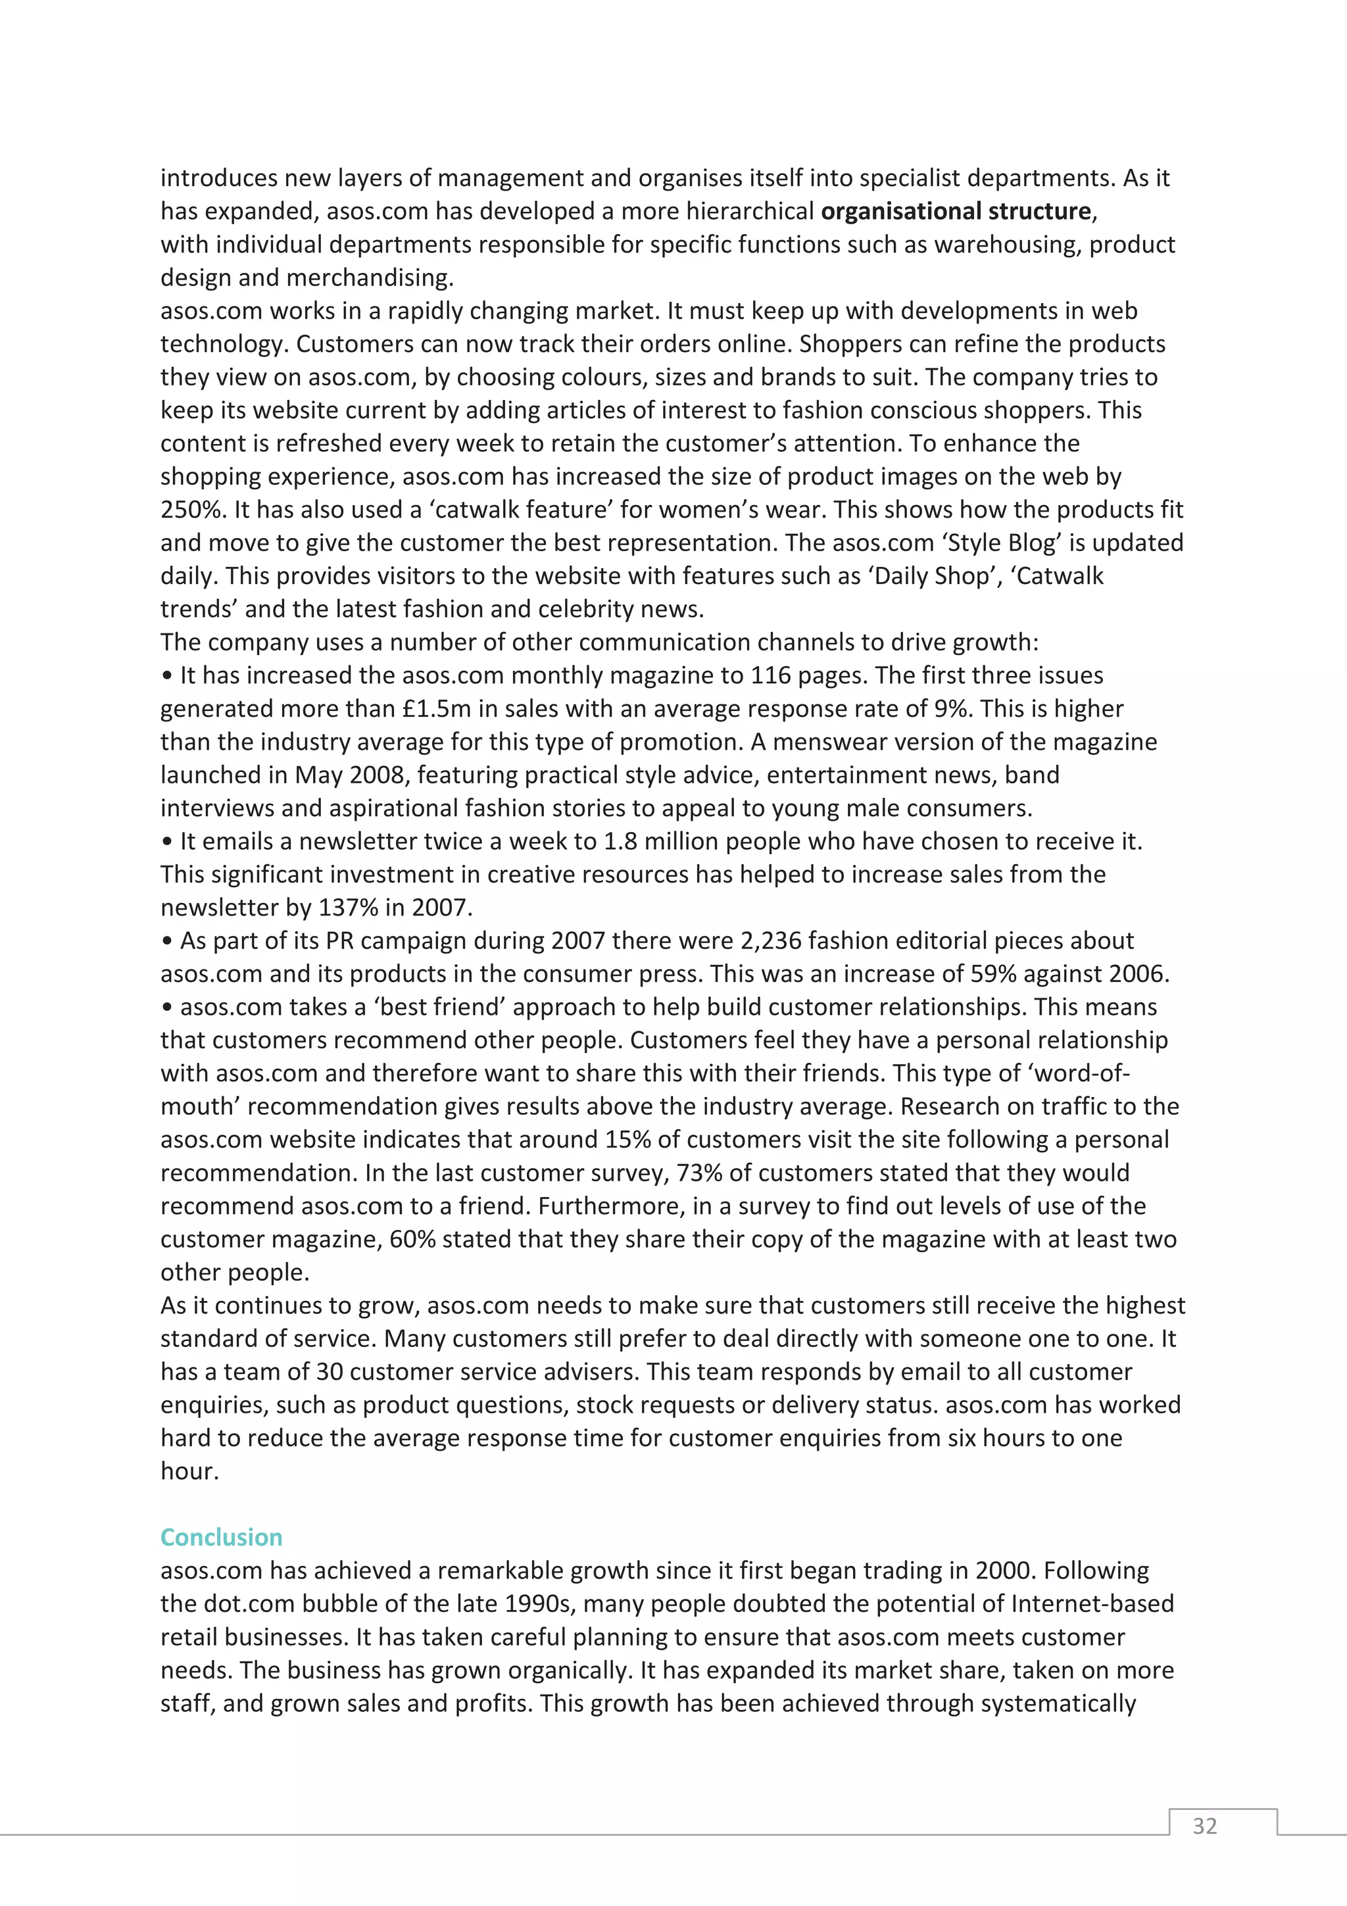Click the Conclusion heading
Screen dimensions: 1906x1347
221,1538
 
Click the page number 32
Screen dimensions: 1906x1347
1204,1826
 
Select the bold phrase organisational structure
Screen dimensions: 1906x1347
955,212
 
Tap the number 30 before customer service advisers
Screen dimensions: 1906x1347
330,1372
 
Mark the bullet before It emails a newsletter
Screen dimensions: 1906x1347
168,843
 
